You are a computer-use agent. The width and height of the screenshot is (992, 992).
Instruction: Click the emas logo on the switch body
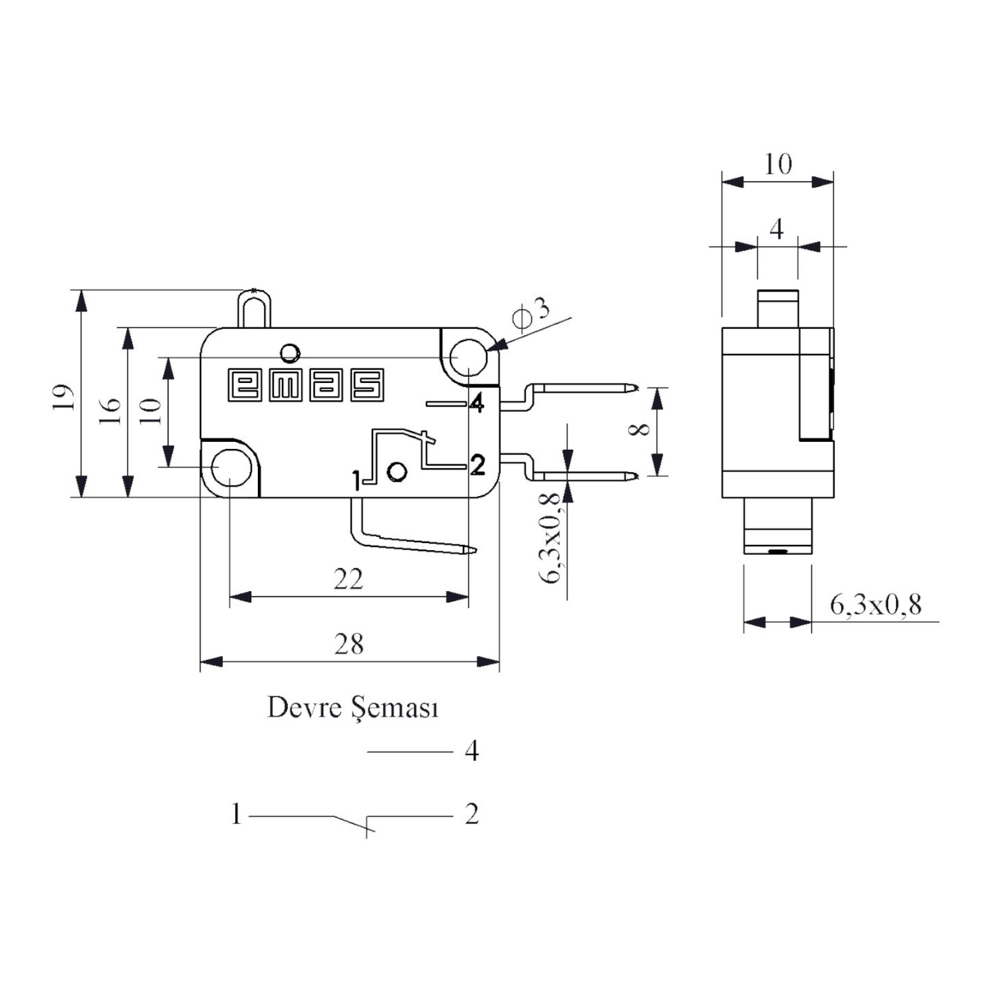(x=306, y=385)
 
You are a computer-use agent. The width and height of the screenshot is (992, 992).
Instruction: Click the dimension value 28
(x=349, y=643)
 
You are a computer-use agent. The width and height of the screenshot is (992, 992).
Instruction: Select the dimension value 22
(x=349, y=579)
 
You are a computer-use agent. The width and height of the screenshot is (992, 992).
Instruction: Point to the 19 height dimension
(x=64, y=397)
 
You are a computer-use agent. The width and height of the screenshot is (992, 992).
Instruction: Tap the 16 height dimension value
(x=111, y=411)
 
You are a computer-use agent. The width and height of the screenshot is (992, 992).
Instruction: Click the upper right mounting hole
(x=469, y=357)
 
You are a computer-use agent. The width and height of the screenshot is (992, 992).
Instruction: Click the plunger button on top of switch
(x=254, y=308)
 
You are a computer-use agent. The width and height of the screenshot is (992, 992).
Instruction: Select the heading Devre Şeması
(x=352, y=708)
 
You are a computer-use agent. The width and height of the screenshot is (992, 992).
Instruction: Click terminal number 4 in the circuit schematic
(x=472, y=751)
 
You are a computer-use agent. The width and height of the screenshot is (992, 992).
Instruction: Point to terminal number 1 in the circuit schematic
(x=236, y=814)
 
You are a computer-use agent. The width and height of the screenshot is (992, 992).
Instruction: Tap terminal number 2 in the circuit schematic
(x=472, y=814)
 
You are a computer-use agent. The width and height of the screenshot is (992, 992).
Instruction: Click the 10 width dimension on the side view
(x=778, y=164)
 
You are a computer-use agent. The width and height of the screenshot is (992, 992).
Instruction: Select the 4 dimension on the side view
(x=777, y=229)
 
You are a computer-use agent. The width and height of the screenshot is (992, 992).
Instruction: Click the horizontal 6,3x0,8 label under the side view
(x=876, y=604)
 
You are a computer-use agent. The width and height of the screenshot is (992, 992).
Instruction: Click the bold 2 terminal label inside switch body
(x=477, y=465)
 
